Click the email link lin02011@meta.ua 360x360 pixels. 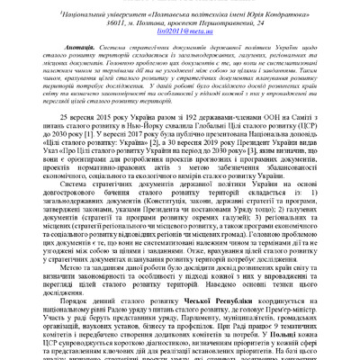click(179, 31)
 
